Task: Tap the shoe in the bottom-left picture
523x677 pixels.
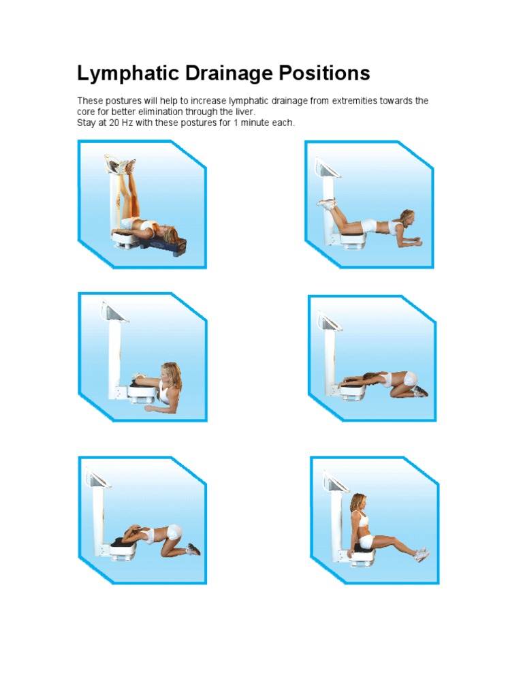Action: [193, 548]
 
